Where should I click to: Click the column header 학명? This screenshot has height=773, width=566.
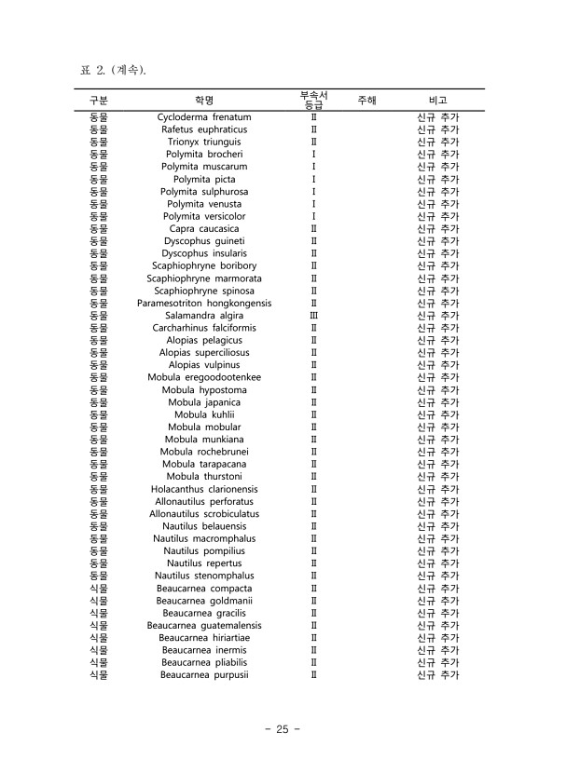(204, 100)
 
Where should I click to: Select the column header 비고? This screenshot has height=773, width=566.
(437, 100)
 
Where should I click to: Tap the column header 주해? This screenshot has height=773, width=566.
(366, 100)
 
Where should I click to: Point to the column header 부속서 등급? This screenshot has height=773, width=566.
(313, 100)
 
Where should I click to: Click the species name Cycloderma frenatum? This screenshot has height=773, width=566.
(204, 117)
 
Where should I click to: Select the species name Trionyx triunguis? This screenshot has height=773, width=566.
(204, 142)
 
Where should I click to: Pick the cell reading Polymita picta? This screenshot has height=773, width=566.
(204, 179)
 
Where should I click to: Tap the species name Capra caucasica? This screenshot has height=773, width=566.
(204, 228)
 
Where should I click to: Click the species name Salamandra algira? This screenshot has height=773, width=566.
(204, 316)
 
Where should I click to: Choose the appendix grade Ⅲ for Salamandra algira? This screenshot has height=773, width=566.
(313, 316)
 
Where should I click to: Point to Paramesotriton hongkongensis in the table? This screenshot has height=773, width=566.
(204, 303)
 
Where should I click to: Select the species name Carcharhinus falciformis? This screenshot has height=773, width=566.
(204, 328)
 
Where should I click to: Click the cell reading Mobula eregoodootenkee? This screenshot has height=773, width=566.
(204, 377)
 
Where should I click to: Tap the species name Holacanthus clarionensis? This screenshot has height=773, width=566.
(204, 489)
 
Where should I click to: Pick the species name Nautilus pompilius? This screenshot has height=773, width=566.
(204, 550)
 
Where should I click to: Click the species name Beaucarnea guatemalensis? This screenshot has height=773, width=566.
(204, 625)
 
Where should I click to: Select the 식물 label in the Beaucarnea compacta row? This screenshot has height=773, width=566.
(99, 589)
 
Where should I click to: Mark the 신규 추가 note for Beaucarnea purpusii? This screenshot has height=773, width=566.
(437, 674)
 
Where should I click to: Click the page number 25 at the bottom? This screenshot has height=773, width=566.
(283, 729)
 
